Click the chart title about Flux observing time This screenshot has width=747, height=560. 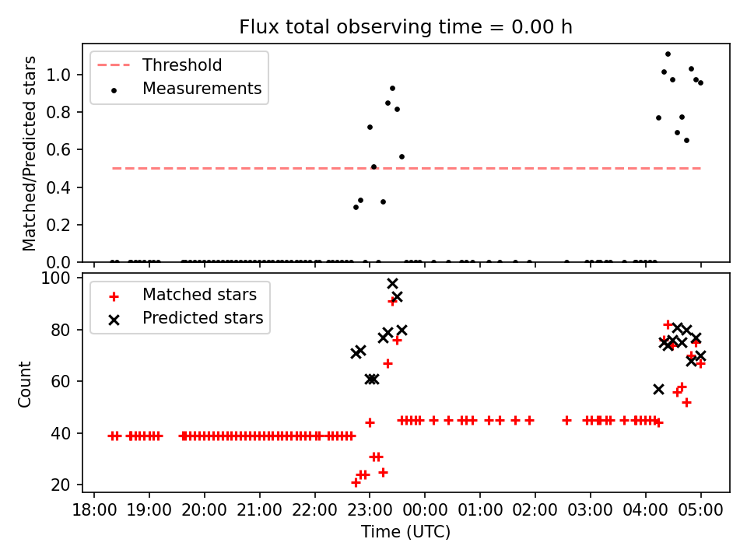pyautogui.click(x=405, y=27)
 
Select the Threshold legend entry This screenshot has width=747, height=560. pyautogui.click(x=181, y=65)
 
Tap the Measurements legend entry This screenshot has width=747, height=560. pyautogui.click(x=202, y=89)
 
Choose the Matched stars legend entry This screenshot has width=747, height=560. pyautogui.click(x=198, y=295)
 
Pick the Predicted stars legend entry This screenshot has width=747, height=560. pyautogui.click(x=202, y=318)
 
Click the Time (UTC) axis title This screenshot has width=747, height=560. pyautogui.click(x=405, y=532)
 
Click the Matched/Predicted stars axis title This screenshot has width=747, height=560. pyautogui.click(x=30, y=153)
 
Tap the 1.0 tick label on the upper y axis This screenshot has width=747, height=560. pyautogui.click(x=70, y=75)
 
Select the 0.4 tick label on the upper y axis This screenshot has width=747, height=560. pyautogui.click(x=70, y=187)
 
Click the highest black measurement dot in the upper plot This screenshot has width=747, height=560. pyautogui.click(x=668, y=54)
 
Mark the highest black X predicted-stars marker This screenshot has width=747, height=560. pyautogui.click(x=392, y=284)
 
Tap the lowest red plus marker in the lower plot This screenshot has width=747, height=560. pyautogui.click(x=356, y=482)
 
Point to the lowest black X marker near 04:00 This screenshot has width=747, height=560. pyautogui.click(x=658, y=389)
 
